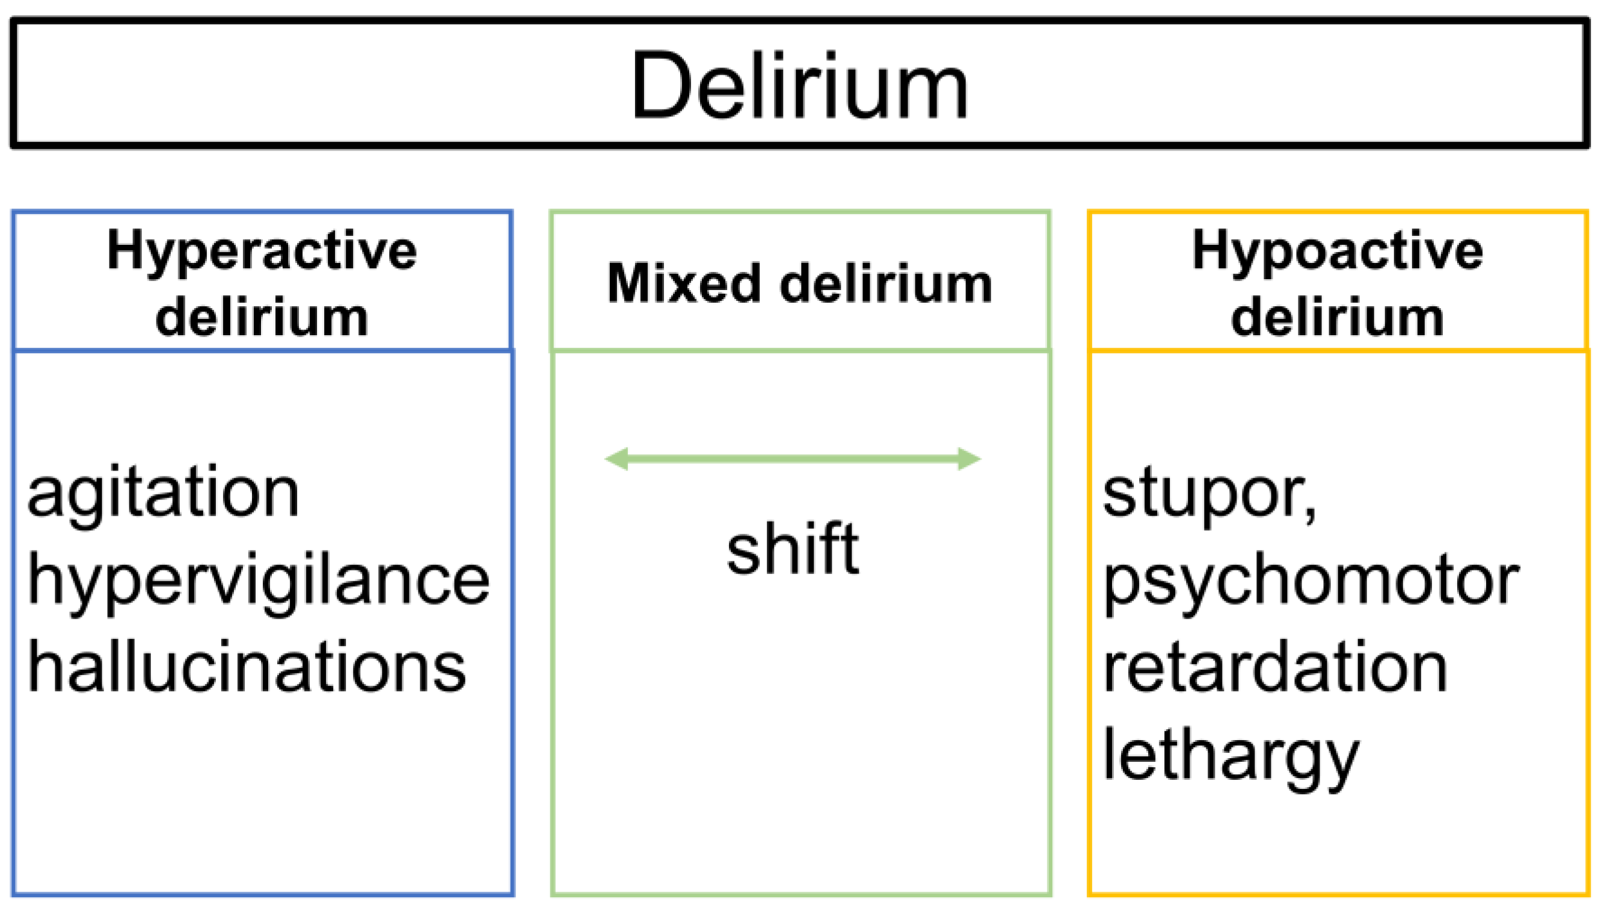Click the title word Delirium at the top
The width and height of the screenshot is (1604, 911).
(800, 85)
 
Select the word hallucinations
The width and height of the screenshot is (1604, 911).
(247, 668)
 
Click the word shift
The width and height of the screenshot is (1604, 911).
(792, 549)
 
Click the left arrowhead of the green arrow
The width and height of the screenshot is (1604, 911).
(616, 459)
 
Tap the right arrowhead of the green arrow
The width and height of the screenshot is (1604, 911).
(969, 459)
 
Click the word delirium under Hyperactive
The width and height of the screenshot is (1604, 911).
(262, 318)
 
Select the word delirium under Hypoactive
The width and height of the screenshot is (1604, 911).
(1337, 318)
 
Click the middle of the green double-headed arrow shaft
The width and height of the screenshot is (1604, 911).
(792, 459)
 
